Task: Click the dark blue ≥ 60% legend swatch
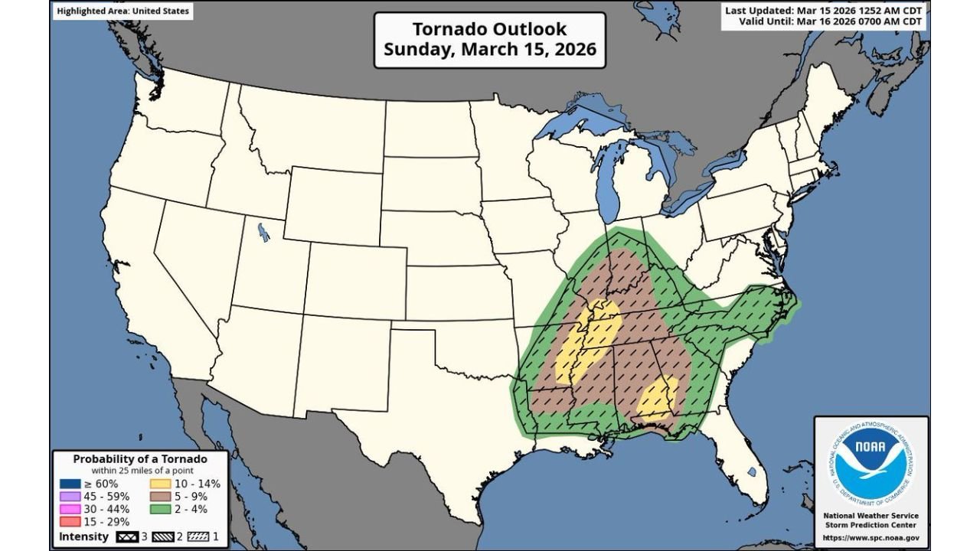point(70,484)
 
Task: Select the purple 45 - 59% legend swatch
point(70,496)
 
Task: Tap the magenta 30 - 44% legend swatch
point(70,509)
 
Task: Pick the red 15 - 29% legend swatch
point(70,521)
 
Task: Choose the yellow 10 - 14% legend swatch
point(160,484)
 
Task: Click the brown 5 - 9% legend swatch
point(160,496)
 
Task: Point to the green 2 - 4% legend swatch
point(160,509)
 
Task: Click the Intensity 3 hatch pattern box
point(126,536)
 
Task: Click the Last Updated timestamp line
point(824,10)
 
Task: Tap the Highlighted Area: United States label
point(122,11)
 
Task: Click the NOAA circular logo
point(871,462)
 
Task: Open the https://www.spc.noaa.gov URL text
point(871,538)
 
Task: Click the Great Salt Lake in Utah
point(263,231)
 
